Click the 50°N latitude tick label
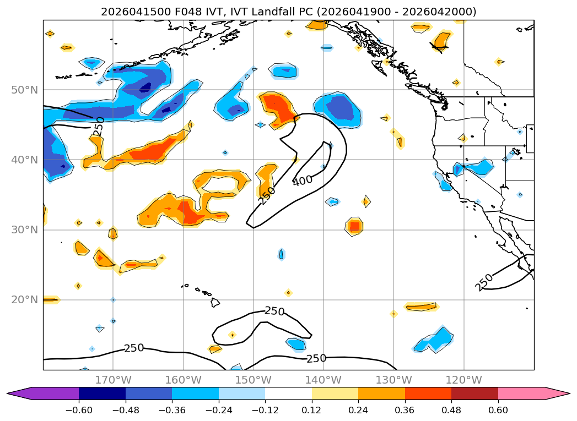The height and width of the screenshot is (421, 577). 24,90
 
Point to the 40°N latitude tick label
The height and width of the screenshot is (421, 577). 24,160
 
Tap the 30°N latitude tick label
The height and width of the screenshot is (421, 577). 24,229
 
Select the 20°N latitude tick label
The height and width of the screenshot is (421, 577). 24,300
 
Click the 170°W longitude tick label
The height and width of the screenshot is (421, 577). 113,380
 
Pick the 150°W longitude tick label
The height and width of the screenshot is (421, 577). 253,380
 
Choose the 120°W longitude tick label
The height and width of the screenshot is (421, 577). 463,380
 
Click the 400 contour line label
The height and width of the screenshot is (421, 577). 303,181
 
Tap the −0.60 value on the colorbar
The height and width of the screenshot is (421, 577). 79,410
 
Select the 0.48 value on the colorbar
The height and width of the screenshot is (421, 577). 451,410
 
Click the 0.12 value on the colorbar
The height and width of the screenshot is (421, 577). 312,410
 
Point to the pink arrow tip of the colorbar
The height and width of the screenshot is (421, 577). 570,393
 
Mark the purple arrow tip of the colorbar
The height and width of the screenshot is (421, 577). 7,393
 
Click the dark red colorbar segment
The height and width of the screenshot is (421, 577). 474,393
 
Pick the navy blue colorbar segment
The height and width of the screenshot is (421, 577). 103,393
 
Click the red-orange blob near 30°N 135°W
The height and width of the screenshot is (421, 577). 354,226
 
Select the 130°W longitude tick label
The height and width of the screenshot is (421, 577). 393,380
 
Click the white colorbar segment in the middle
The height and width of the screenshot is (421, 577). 289,393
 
